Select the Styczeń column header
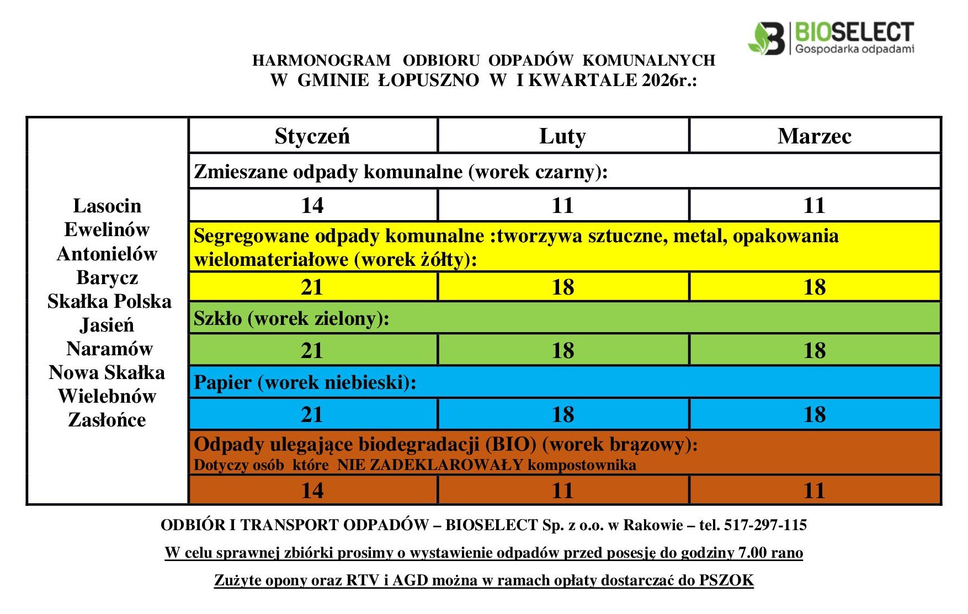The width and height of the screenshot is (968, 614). click(312, 136)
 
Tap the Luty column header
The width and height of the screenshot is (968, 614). click(562, 136)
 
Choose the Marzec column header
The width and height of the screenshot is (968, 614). click(814, 136)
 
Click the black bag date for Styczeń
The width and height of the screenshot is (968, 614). click(312, 206)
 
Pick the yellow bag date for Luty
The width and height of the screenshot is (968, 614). click(563, 287)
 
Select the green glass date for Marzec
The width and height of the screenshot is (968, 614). click(815, 351)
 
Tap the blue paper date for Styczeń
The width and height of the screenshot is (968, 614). click(312, 415)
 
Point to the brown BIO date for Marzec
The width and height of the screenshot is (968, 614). click(815, 490)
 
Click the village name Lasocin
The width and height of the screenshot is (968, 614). click(107, 206)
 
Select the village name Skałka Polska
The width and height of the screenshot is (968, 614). click(109, 301)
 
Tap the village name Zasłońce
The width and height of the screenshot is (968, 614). click(107, 420)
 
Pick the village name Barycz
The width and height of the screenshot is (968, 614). click(107, 277)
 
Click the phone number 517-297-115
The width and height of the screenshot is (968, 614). click(765, 525)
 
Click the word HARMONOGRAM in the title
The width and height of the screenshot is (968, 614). click(321, 60)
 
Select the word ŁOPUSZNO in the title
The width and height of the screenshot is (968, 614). click(428, 81)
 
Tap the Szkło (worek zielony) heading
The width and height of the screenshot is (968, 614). click(291, 319)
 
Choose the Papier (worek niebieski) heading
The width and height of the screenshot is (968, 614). click(305, 383)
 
